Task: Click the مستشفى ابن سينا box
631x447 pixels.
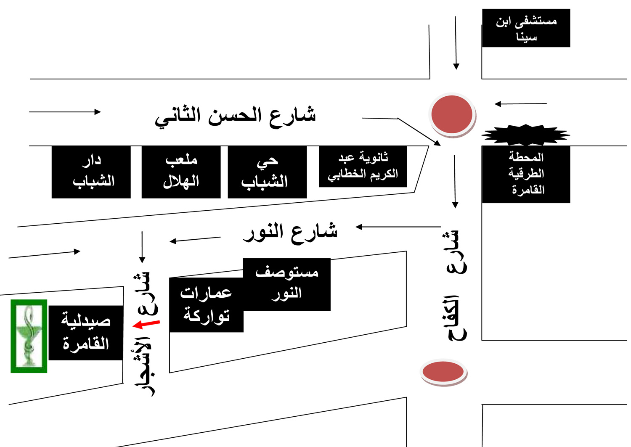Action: (526, 28)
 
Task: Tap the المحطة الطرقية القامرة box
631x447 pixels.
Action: (526, 174)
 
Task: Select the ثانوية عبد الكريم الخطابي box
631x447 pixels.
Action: (363, 166)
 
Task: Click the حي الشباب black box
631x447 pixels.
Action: (267, 172)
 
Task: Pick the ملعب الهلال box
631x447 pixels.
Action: (181, 172)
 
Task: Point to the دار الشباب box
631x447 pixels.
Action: (91, 172)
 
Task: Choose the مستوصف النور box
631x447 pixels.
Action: (287, 284)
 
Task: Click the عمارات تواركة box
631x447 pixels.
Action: (206, 305)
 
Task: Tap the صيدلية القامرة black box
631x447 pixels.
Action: (86, 333)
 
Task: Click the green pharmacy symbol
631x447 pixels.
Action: (29, 336)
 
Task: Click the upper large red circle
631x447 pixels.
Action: (452, 115)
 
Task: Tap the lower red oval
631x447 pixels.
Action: (443, 372)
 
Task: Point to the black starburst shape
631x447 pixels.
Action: (526, 135)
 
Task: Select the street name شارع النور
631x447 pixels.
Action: (290, 233)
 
